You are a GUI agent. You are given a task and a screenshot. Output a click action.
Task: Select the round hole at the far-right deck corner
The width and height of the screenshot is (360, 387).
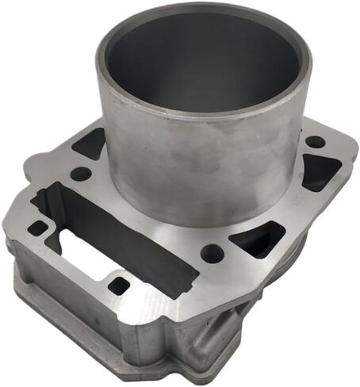pyautogui.click(x=315, y=142)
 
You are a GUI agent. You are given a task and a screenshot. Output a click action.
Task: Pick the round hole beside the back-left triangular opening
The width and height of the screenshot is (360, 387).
pyautogui.click(x=80, y=172)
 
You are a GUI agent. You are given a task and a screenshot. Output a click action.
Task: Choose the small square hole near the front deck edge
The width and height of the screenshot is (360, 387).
pyautogui.click(x=119, y=285)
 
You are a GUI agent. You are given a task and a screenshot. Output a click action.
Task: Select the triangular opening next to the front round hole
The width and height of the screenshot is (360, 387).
pyautogui.click(x=256, y=236)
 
